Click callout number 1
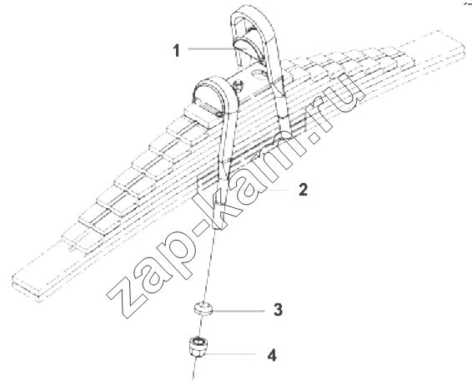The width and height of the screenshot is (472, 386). (x=177, y=50)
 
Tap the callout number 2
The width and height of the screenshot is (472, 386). (x=303, y=190)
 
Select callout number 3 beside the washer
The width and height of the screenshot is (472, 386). (x=279, y=309)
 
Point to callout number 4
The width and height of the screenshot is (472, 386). (x=272, y=355)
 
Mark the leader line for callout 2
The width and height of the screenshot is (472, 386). (x=259, y=190)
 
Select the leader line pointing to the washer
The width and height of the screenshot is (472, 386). (x=239, y=310)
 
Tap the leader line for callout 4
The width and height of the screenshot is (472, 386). (x=230, y=353)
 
